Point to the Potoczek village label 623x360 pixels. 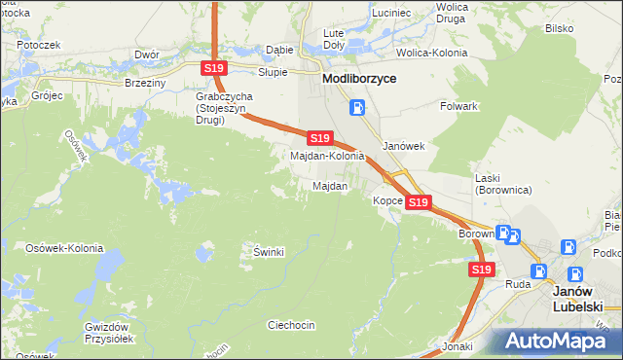38,45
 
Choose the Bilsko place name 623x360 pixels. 559,28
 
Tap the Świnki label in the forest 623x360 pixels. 268,253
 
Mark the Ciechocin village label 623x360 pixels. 292,325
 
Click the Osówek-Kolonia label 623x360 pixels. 64,248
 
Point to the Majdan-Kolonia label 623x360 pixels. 328,156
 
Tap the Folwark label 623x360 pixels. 458,105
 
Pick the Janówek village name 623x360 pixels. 404,146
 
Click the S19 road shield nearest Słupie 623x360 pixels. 215,67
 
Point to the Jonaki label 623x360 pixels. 457,346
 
